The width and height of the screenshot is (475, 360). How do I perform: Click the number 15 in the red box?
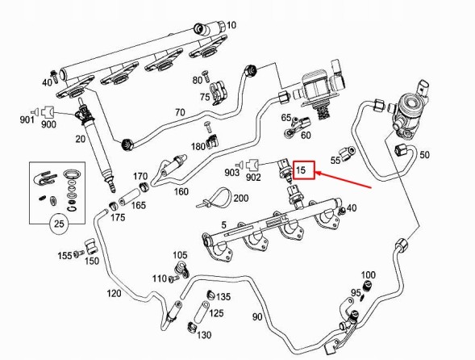coord(301,170)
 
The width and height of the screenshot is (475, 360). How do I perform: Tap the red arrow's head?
coord(319,174)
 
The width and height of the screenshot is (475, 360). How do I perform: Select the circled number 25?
coord(59,224)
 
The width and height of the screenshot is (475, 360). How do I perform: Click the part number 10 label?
coord(231,25)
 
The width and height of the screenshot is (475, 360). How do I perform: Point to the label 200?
coord(241,198)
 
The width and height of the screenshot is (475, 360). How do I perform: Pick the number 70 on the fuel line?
coord(180,112)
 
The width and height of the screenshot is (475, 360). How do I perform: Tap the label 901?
coord(27,119)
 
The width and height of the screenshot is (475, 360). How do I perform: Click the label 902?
coord(253,178)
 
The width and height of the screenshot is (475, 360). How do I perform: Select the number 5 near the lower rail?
coord(223,225)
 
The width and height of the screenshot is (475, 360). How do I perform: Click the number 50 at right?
coord(424,155)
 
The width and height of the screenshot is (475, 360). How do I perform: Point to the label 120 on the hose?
coord(114,293)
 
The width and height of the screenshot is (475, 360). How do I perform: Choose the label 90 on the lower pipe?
coord(257,317)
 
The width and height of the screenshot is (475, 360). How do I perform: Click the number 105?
coord(181,255)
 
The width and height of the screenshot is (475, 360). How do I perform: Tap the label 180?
coord(198,147)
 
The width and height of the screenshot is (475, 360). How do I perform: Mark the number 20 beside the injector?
coord(81,139)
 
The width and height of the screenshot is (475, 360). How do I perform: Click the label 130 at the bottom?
coord(204,335)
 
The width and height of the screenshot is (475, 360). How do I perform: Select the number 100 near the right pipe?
coord(368,275)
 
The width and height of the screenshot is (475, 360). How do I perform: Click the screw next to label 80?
coord(206,76)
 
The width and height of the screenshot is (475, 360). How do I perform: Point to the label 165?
coord(139,206)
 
